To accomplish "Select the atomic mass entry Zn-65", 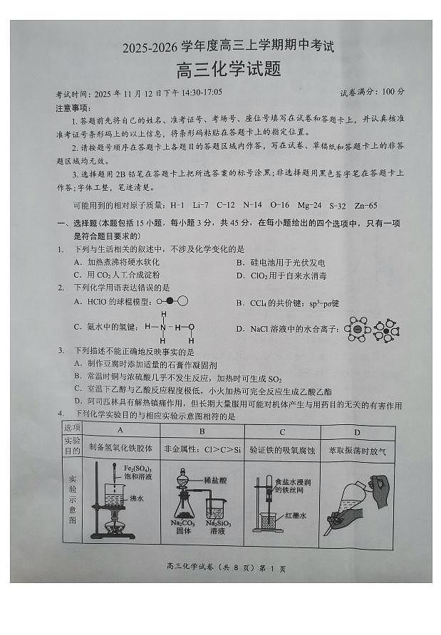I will click(x=363, y=205).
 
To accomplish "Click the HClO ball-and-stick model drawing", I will click(x=174, y=301).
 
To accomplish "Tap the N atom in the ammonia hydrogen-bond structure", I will click(x=163, y=327).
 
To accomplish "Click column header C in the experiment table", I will click(x=283, y=430).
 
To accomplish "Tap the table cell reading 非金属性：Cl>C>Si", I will click(x=202, y=449).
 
